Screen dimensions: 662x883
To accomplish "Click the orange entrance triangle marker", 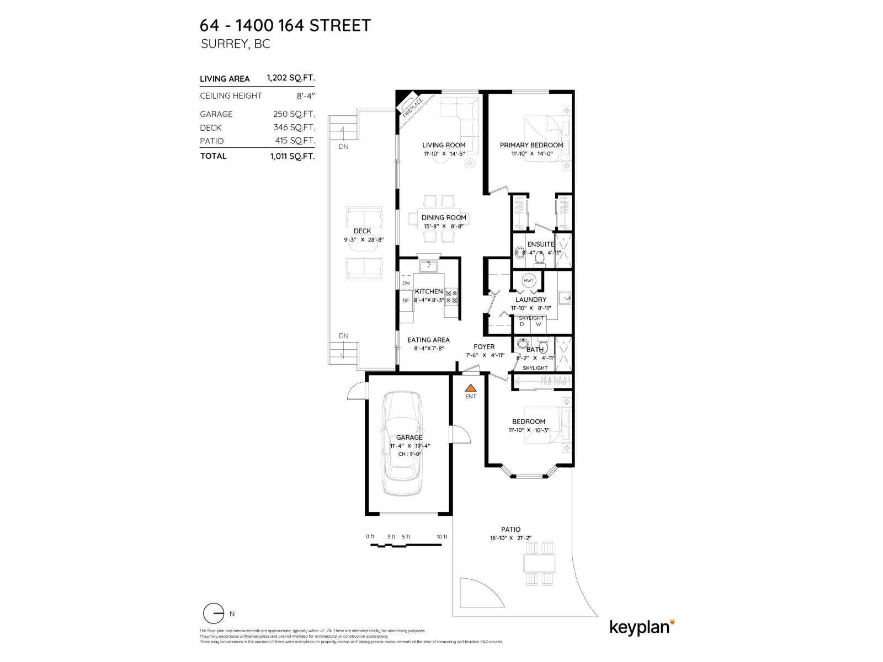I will click(x=470, y=388).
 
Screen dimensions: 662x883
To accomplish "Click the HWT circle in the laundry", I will click(x=528, y=281).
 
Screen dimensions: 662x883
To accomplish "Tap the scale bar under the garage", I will click(x=406, y=545).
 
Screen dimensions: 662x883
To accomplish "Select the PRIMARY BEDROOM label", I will click(x=531, y=145).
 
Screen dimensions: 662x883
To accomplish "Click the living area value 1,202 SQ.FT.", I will click(x=290, y=78).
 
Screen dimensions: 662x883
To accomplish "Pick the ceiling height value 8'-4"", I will click(x=306, y=95).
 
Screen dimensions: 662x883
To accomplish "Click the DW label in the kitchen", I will click(x=406, y=283).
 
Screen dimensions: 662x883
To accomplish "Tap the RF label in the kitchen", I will click(x=406, y=301).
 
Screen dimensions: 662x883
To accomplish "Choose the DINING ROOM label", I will click(x=444, y=217).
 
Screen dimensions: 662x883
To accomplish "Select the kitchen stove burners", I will click(x=451, y=296).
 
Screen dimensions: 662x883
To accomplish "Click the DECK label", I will click(x=362, y=231).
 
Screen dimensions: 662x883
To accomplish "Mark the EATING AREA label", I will click(x=428, y=340).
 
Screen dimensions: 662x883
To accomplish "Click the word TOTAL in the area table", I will click(x=213, y=156).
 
